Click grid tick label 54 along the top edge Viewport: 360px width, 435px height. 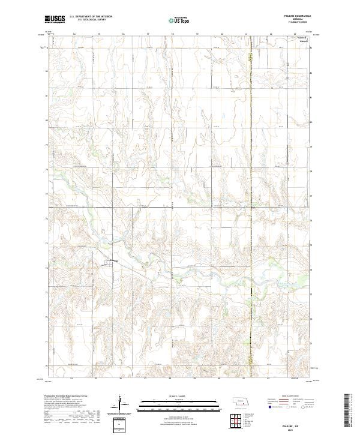(74, 34)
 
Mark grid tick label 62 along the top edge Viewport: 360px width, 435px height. (271, 34)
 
